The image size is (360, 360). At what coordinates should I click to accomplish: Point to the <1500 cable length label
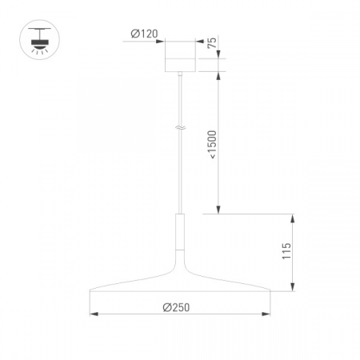pos(211,143)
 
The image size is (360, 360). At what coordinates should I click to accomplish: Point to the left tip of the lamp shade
pos(90,290)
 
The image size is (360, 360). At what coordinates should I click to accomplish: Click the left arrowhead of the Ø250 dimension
pos(92,314)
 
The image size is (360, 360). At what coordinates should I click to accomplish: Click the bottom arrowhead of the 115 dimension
pos(295,287)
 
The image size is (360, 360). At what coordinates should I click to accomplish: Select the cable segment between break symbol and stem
pos(181,172)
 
